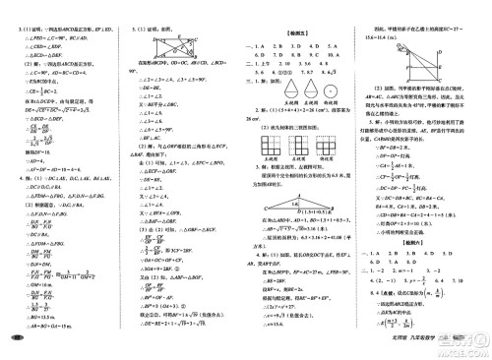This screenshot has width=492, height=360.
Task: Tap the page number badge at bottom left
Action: point(17,340)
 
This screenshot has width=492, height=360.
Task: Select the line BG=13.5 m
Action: point(36,318)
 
